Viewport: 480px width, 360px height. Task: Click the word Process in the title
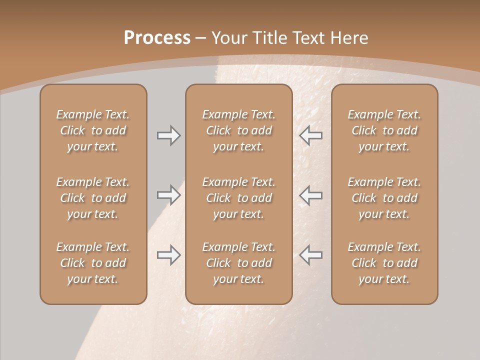tap(157, 38)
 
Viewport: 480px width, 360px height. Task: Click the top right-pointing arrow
tap(168, 135)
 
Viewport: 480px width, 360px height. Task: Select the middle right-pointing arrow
tap(168, 195)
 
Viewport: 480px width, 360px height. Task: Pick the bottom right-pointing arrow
tap(168, 255)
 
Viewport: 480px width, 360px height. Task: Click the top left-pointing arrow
tap(311, 135)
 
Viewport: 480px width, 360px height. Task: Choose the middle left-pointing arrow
tap(311, 195)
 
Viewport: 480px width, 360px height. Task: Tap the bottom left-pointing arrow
tap(311, 255)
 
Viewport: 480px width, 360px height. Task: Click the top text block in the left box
tap(93, 130)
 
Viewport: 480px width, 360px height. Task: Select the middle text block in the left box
tap(93, 198)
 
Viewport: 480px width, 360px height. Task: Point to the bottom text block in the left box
tap(93, 263)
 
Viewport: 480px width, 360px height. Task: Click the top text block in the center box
tap(239, 130)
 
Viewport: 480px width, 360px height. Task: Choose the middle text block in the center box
tap(239, 198)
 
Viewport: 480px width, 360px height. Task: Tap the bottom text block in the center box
tap(239, 263)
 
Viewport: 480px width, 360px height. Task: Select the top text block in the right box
tap(384, 130)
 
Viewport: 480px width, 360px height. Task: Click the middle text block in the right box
tap(384, 198)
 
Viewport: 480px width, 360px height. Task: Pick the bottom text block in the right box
tap(384, 263)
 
